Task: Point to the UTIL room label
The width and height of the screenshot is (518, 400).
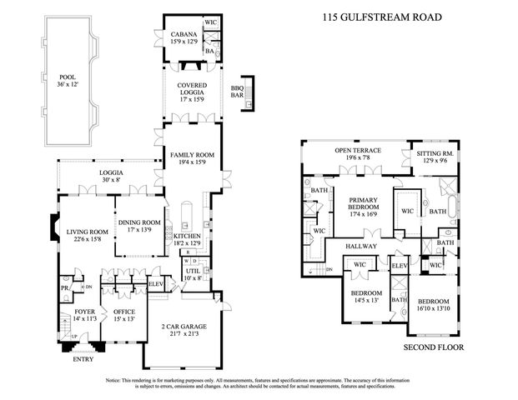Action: click(x=193, y=272)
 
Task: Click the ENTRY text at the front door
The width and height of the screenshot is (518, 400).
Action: click(x=82, y=359)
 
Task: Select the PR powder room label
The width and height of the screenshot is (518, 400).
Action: click(x=64, y=289)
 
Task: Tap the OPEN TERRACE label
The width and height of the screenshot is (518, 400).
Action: click(x=358, y=151)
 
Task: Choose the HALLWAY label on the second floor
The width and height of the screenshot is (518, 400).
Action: click(x=363, y=246)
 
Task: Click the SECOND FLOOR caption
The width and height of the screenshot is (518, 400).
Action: click(x=433, y=347)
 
